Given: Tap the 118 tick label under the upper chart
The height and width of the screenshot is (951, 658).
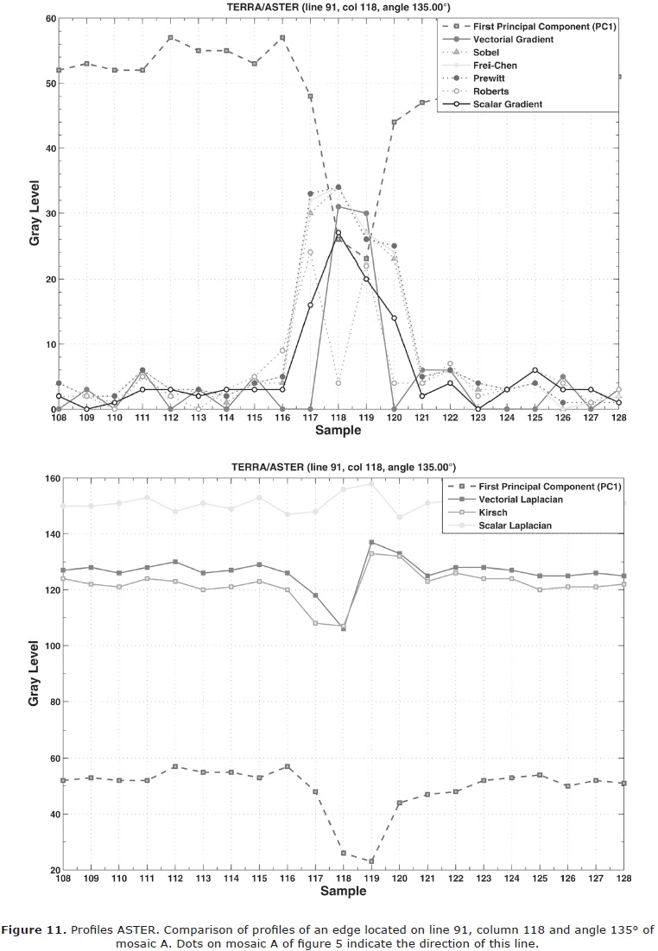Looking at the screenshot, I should (338, 417).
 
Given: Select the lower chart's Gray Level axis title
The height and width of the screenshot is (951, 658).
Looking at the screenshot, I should (34, 673).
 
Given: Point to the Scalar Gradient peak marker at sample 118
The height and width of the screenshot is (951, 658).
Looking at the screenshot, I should (338, 232).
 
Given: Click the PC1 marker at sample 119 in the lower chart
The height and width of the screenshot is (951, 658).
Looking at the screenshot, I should (370, 861).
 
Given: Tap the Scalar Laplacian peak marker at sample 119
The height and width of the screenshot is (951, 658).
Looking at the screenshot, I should (370, 484).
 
